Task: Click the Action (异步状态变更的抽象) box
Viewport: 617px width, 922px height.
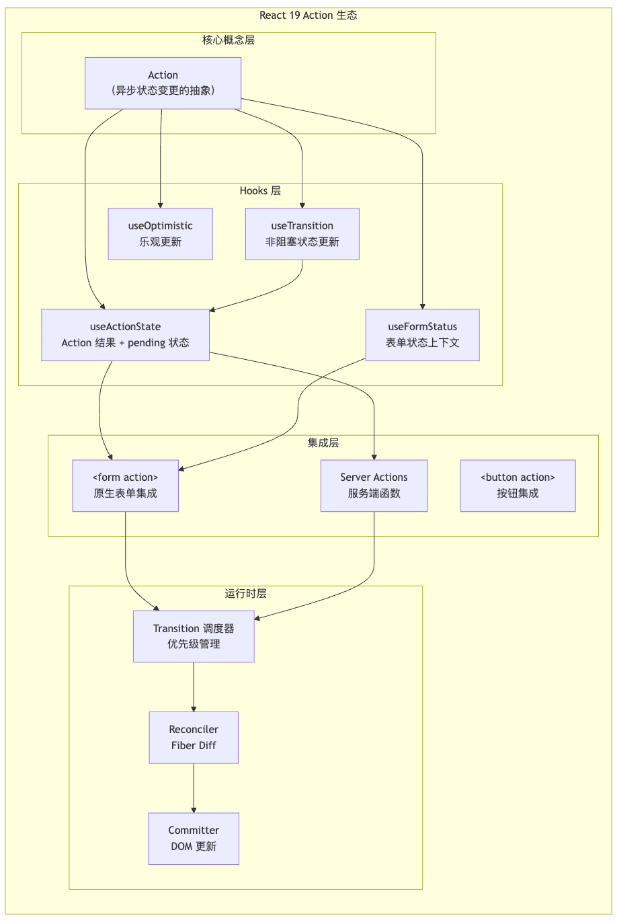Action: (x=163, y=83)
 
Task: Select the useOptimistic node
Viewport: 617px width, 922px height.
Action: (x=161, y=234)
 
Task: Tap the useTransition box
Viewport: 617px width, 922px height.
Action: (x=302, y=234)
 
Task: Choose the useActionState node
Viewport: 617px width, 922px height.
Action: (x=126, y=335)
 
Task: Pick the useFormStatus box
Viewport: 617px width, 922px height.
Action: (x=423, y=335)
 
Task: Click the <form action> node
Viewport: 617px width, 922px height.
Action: (x=126, y=486)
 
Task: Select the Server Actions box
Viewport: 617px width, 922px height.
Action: (x=374, y=486)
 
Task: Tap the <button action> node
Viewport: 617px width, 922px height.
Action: (x=518, y=486)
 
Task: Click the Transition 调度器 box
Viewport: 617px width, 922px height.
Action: (x=194, y=636)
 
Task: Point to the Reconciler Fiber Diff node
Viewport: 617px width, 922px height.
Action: (x=194, y=738)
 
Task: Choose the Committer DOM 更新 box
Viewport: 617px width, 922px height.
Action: (x=194, y=839)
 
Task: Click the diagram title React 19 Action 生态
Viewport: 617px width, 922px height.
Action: (x=308, y=15)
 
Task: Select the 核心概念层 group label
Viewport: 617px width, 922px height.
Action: (x=229, y=40)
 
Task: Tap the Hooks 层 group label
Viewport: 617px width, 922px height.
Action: (x=260, y=190)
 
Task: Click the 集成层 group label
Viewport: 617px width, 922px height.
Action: (x=323, y=443)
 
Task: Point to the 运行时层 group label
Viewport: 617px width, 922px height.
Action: (x=245, y=593)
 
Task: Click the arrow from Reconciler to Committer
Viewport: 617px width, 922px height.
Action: (x=194, y=788)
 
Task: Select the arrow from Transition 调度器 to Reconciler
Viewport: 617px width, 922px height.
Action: (x=194, y=687)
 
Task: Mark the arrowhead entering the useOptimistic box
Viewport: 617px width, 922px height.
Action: (x=161, y=205)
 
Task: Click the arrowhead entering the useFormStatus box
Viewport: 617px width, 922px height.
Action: (x=423, y=307)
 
